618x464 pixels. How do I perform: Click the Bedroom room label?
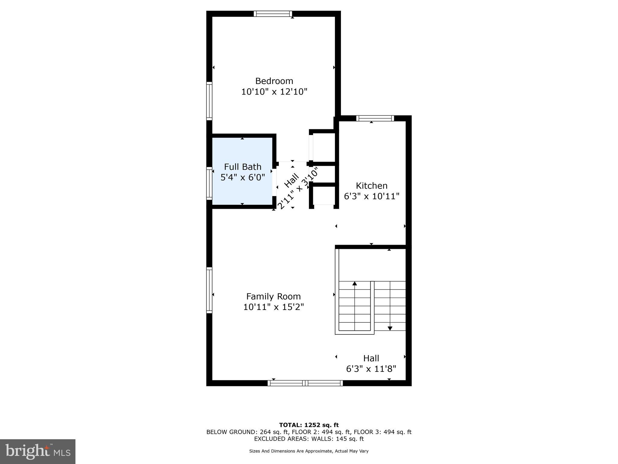274,81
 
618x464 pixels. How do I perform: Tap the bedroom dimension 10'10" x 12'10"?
274,92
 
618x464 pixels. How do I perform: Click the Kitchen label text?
371,185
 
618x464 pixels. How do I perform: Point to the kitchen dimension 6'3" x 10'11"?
371,196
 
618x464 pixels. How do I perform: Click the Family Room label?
273,296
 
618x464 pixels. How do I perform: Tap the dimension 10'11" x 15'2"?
273,307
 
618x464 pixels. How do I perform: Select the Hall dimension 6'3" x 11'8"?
371,369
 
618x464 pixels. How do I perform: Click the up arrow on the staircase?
355,284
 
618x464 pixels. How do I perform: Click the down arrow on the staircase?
390,328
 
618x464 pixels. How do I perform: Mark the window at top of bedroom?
273,14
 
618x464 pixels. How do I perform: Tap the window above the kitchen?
375,118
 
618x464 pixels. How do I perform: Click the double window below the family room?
305,383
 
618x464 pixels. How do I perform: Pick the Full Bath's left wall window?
209,183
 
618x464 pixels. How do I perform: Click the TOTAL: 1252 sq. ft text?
309,425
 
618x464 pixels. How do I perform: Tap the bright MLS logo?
38,451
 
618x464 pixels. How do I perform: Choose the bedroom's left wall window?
209,101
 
